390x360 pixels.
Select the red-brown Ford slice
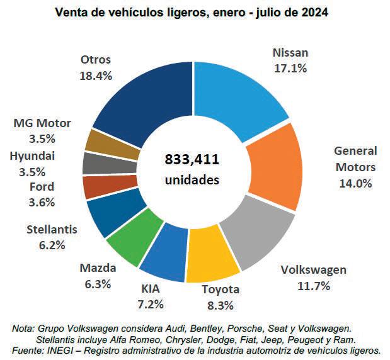[x=98, y=187]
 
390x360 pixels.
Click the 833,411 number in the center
[x=192, y=158]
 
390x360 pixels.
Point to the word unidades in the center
[x=192, y=179]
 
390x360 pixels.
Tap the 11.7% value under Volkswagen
[x=313, y=286]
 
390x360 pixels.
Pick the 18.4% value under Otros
[x=96, y=76]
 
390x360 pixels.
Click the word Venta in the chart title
[x=72, y=12]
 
